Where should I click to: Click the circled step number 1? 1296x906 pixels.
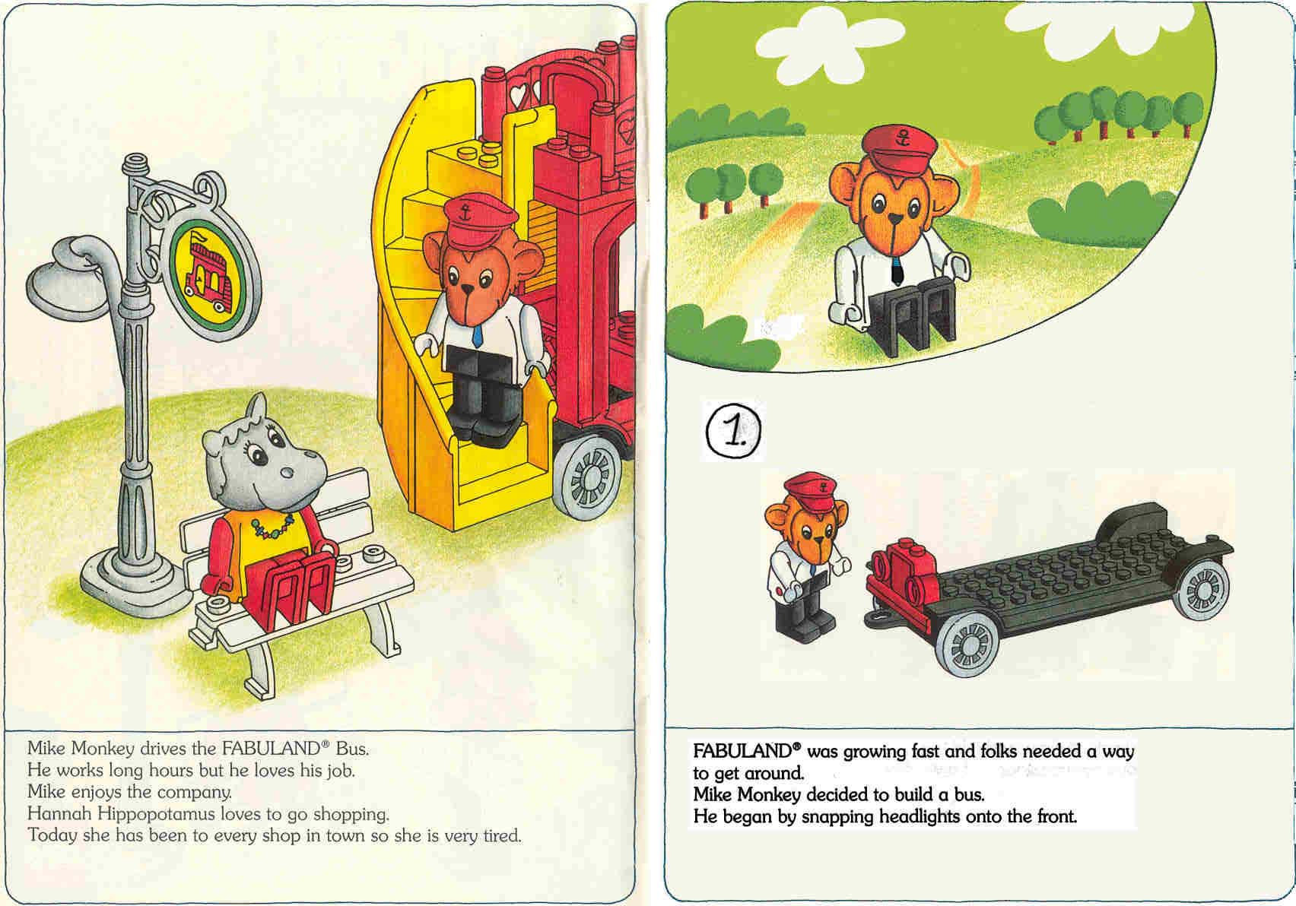click(x=734, y=431)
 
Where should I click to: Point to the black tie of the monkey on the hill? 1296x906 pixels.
click(x=896, y=269)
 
